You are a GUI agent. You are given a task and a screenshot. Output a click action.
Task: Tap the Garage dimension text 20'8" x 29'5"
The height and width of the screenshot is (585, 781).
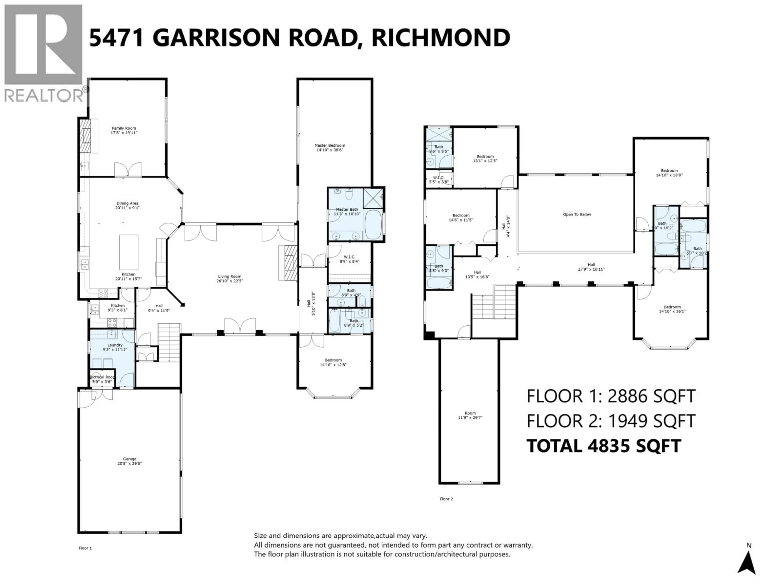130,463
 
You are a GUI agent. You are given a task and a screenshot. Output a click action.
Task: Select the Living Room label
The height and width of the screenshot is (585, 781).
229,276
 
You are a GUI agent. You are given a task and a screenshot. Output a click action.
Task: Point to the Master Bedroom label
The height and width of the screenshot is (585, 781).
330,145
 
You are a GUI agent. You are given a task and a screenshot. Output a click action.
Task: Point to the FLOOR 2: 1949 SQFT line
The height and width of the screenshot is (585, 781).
611,421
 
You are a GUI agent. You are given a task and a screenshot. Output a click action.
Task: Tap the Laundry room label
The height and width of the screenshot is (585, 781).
115,345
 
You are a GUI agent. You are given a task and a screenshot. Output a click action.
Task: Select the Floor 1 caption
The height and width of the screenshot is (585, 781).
85,548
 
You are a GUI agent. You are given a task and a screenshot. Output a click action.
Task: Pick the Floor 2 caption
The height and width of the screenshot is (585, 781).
446,499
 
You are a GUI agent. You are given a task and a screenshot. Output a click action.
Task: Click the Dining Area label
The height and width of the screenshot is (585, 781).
128,204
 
